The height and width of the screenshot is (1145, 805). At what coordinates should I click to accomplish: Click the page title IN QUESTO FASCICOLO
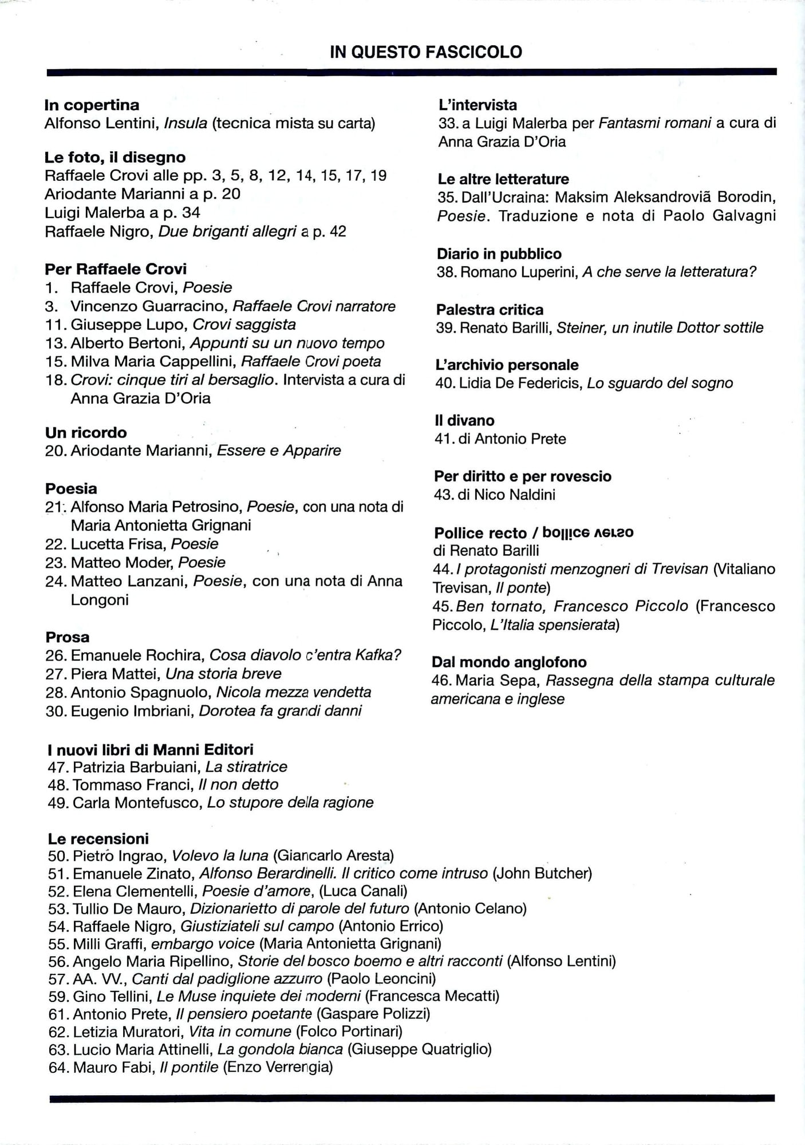[x=426, y=52]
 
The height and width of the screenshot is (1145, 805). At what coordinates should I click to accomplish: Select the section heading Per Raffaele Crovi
[x=116, y=269]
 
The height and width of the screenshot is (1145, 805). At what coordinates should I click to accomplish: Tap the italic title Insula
[x=185, y=123]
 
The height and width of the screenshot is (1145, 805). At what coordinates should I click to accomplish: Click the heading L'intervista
[x=478, y=105]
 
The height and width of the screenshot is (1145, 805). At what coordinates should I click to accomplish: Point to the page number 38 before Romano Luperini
[x=445, y=272]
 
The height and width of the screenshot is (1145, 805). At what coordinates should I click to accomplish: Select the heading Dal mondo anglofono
[x=509, y=662]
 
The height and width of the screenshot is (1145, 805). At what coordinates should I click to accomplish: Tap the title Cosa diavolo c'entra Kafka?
[x=305, y=655]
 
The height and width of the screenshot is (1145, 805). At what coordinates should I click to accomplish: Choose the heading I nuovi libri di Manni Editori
[x=151, y=749]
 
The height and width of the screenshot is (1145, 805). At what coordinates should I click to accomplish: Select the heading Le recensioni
[x=98, y=839]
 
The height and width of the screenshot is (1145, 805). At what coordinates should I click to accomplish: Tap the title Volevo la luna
[x=220, y=856]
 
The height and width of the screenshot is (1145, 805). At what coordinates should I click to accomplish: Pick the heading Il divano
[x=464, y=420]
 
